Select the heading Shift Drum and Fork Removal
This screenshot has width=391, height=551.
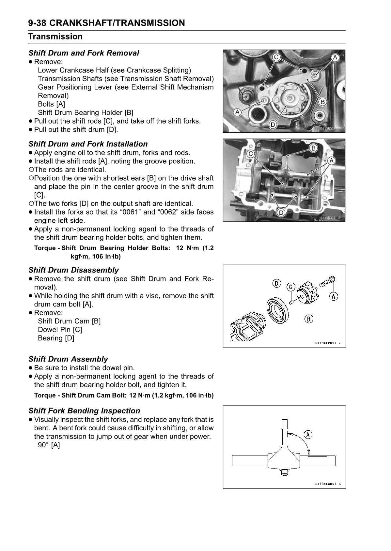[84, 53]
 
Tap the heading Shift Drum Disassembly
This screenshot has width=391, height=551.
[73, 270]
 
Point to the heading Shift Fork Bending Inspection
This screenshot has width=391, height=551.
[84, 411]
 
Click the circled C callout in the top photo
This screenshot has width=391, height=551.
[276, 57]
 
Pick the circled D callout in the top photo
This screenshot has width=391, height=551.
[273, 125]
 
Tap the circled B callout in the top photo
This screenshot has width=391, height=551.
[322, 102]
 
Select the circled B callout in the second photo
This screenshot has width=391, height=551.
[313, 148]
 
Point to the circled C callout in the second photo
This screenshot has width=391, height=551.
[251, 154]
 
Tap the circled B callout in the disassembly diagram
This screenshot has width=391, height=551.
[308, 319]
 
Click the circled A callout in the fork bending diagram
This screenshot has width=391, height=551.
[308, 434]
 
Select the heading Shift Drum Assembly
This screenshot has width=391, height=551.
[68, 359]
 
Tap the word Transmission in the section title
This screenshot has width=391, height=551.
[55, 37]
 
